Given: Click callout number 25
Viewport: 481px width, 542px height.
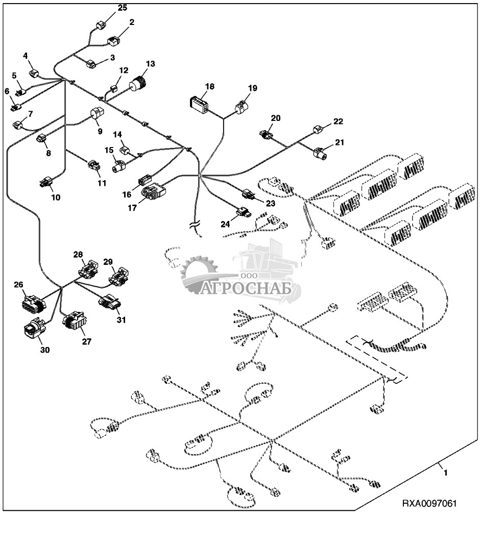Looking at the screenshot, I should click(123, 8).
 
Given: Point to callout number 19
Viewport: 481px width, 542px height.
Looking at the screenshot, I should click(252, 88).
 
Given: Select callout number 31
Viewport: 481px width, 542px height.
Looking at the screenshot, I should click(121, 320).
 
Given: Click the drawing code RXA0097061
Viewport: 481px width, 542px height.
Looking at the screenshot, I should click(429, 503).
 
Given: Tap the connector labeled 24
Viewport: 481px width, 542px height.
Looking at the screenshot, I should click(243, 210).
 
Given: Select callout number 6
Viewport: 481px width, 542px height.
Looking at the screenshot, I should click(7, 91).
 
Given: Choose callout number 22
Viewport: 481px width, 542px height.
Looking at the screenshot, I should click(338, 121).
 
